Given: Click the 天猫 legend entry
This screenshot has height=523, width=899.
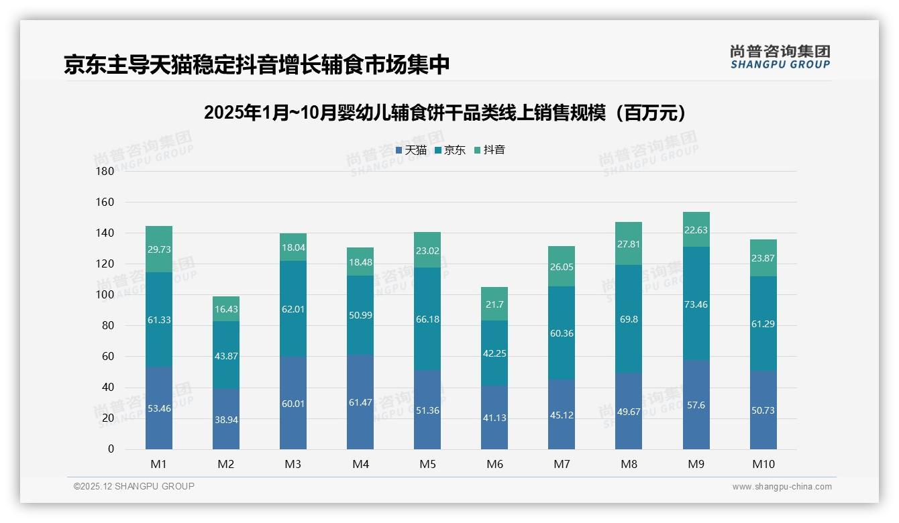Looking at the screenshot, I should (411, 150).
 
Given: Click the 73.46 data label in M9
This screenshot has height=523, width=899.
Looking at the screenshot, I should (696, 304).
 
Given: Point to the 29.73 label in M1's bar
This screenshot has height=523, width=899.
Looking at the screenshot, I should (159, 249).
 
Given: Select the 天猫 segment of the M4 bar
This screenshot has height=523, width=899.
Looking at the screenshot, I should (360, 402).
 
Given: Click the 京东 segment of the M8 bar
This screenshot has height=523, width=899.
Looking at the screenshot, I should (629, 318).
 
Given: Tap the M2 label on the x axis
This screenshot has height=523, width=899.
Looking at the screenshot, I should (226, 464).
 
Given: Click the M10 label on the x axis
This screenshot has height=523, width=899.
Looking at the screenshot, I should (763, 464).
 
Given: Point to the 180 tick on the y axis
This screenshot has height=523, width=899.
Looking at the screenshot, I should (105, 171).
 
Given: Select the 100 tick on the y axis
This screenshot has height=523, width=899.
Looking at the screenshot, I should (105, 294).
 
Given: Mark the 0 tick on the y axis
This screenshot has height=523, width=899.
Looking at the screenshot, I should (111, 449).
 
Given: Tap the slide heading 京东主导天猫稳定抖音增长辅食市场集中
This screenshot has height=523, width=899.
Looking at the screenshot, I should (256, 64).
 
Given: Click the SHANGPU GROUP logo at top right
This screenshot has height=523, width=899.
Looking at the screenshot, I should (780, 57).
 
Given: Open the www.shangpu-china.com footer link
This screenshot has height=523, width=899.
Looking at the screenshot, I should (782, 487).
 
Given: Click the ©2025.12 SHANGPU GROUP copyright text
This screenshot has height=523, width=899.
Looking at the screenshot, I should (134, 487).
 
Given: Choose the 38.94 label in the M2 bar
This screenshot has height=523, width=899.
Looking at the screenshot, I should (226, 419).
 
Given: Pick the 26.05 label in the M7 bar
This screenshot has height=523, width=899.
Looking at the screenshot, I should (562, 267).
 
